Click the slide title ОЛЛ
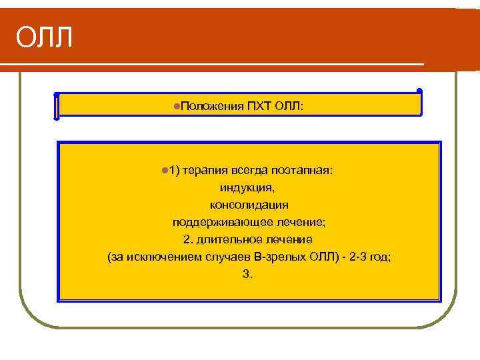(x=44, y=37)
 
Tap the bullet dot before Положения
(x=175, y=105)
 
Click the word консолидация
(x=249, y=204)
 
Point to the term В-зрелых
(x=273, y=256)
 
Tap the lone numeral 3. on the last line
(x=249, y=273)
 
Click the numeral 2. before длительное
(x=187, y=239)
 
